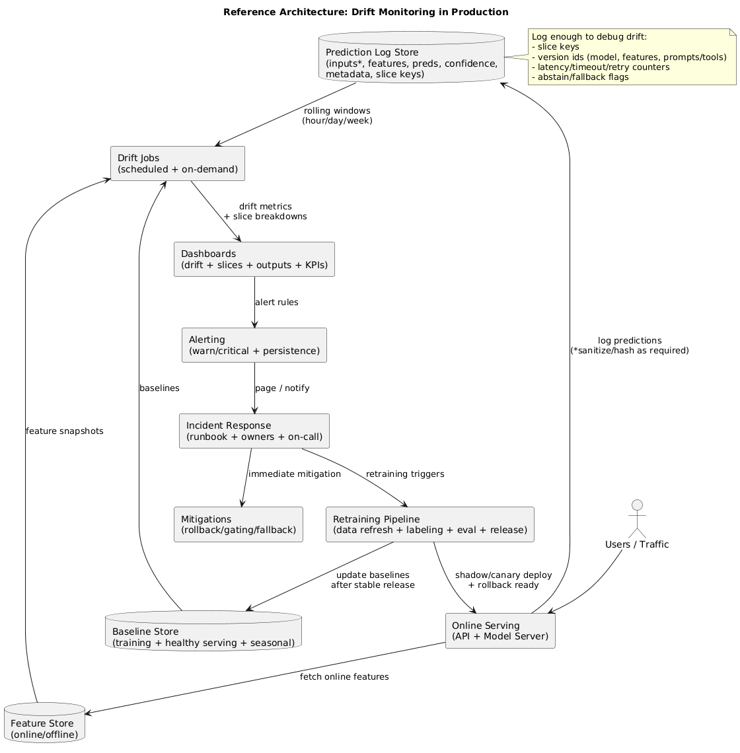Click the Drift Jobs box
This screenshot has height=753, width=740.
[x=178, y=163]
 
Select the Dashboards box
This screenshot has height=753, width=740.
[x=254, y=260]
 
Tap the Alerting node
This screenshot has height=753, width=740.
[x=254, y=345]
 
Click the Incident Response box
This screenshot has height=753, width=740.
[x=254, y=431]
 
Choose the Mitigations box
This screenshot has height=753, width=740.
[x=238, y=524]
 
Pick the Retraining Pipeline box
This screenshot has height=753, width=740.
[x=429, y=524]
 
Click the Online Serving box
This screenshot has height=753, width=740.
[x=500, y=631]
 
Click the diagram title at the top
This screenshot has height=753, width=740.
[x=365, y=12]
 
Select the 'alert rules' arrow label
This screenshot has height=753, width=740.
[x=276, y=302]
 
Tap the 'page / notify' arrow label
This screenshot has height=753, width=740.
[x=282, y=388]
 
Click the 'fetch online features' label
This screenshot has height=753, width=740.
[x=344, y=676]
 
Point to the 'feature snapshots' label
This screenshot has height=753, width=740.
[x=64, y=431]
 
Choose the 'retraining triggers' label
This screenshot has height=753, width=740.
[x=405, y=474]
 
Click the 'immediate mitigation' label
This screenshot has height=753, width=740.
[x=295, y=474]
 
